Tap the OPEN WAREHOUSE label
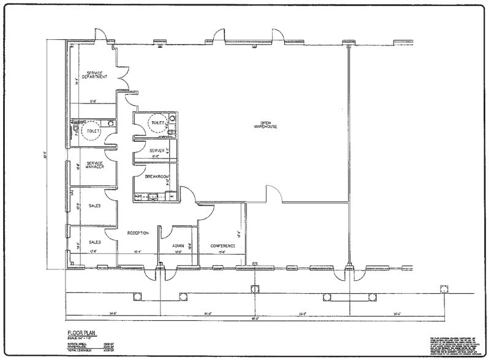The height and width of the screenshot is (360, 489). click(266, 124)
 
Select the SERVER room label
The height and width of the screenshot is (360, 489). click(148, 151)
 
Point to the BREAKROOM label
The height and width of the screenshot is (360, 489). click(157, 177)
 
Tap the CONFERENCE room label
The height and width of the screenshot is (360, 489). click(223, 246)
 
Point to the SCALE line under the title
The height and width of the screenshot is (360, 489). click(83, 339)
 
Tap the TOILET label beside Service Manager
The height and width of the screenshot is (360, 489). click(93, 130)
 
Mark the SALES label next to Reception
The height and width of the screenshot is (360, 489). click(95, 242)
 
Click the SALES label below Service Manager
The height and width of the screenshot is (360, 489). click(95, 206)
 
